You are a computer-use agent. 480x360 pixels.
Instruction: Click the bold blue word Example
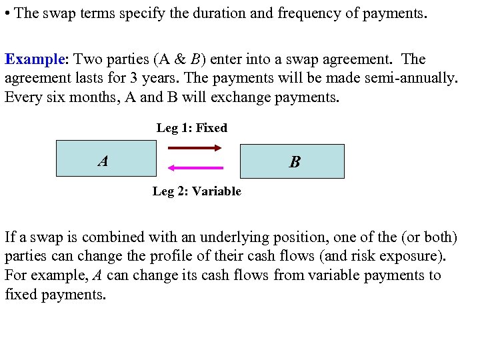tap(33, 59)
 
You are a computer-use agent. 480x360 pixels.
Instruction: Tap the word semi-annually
tap(411, 78)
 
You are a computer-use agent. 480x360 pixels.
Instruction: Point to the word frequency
tap(285, 13)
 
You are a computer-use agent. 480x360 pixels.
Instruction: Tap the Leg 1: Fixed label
tap(192, 128)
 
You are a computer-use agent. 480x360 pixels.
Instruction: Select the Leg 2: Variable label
tap(197, 192)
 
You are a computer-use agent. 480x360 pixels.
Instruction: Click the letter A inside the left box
tap(103, 161)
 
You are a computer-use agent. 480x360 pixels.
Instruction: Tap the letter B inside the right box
tap(294, 162)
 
